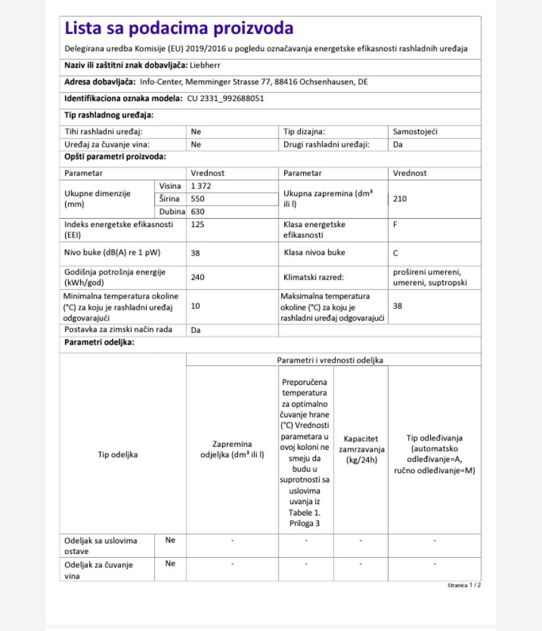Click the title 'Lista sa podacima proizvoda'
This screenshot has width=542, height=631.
pyautogui.click(x=179, y=29)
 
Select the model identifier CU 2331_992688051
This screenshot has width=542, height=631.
pyautogui.click(x=226, y=98)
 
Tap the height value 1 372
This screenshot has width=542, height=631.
pyautogui.click(x=201, y=186)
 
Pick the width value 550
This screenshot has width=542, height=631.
pyautogui.click(x=198, y=199)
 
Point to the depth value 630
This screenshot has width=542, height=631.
pyautogui.click(x=198, y=212)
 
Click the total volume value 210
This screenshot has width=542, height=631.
pyautogui.click(x=399, y=199)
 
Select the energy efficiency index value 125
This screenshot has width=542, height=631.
pyautogui.click(x=197, y=224)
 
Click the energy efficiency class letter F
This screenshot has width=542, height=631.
pyautogui.click(x=395, y=224)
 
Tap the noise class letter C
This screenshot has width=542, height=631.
pyautogui.click(x=396, y=252)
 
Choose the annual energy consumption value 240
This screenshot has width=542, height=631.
pyautogui.click(x=198, y=276)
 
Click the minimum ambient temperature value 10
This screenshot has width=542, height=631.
pyautogui.click(x=195, y=306)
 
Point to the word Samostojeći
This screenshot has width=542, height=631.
pyautogui.click(x=415, y=132)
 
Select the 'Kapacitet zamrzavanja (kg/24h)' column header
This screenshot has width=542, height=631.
pyautogui.click(x=361, y=449)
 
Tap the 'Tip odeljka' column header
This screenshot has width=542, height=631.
pyautogui.click(x=117, y=454)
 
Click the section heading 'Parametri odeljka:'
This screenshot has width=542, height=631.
pyautogui.click(x=99, y=343)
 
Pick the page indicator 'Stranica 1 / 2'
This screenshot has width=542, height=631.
pyautogui.click(x=464, y=586)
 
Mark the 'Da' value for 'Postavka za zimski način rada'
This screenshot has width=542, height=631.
pyautogui.click(x=196, y=330)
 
